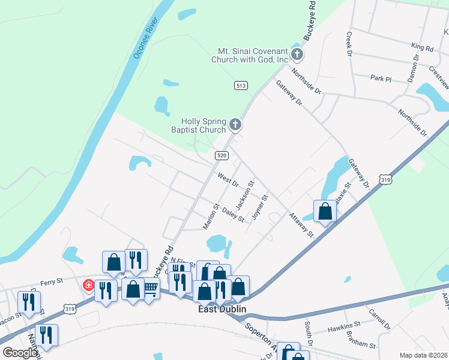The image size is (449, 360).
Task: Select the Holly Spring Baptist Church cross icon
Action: (235, 125)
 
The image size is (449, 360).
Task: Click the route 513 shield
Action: (241, 86)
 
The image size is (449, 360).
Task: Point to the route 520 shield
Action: (221, 155)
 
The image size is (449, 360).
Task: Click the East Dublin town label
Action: (223, 310)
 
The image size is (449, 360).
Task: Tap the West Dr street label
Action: (228, 179)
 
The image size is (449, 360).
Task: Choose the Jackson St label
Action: (245, 195)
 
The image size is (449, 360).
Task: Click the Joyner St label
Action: (259, 206)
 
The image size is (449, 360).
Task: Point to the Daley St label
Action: (233, 215)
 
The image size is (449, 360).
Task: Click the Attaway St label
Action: (301, 225)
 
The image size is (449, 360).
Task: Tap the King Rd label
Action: (422, 47)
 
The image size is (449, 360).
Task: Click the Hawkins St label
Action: (344, 329)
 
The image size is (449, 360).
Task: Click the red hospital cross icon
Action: (88, 285)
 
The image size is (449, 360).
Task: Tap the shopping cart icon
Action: (151, 289)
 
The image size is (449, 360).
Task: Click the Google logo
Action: (20, 353)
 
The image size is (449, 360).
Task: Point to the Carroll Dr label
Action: (379, 320)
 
